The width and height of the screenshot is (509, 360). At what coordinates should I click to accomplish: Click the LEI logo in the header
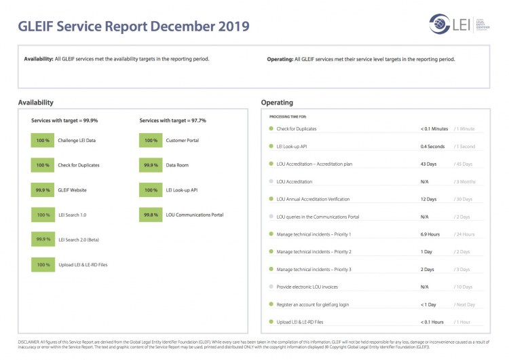tap(451, 24)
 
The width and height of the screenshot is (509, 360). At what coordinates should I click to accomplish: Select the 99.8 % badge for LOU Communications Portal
tap(151, 215)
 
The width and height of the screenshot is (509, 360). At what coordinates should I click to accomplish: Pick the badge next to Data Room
tap(151, 165)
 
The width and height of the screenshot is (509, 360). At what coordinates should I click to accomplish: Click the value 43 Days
tap(428, 164)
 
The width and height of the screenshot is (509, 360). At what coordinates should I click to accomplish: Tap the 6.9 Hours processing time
tap(430, 234)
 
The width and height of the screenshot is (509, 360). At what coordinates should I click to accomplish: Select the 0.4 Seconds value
tap(432, 146)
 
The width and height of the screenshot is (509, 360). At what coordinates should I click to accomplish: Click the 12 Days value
tap(428, 199)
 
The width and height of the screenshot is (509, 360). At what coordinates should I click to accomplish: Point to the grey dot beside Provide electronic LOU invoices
tap(271, 287)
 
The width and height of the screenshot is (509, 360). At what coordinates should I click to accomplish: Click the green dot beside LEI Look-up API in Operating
tap(271, 146)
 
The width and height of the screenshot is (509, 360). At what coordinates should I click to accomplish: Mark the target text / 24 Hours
tap(465, 234)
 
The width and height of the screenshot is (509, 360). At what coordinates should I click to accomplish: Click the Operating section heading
tap(277, 103)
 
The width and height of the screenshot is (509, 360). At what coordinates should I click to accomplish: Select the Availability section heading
tap(35, 103)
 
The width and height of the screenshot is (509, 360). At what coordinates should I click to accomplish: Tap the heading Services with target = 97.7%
tap(172, 120)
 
